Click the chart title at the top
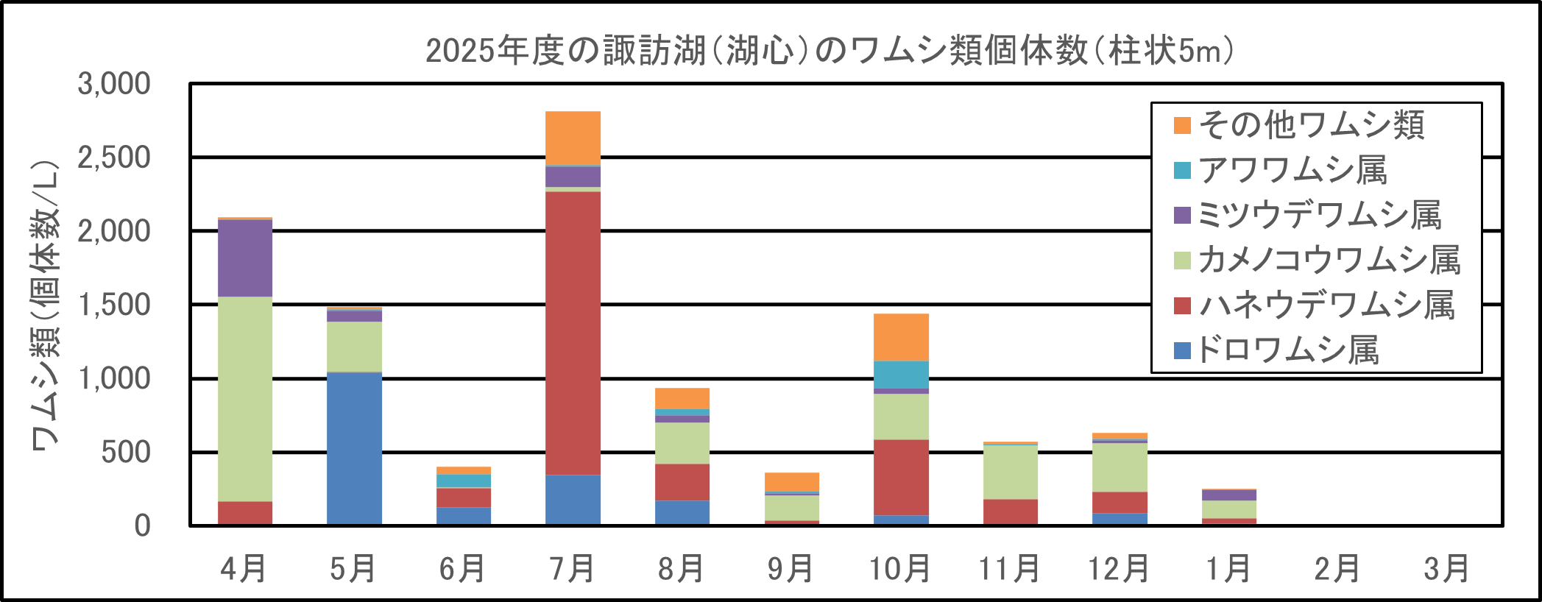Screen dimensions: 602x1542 830,51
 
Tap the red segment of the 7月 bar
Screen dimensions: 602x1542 573,333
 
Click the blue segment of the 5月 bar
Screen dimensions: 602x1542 354,448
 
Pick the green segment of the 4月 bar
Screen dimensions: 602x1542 245,399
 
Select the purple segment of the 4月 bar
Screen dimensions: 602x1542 245,258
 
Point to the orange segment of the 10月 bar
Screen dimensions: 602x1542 901,337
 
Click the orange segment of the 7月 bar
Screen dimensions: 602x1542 573,138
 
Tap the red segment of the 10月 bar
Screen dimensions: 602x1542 901,477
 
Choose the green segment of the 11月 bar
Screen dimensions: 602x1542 1010,472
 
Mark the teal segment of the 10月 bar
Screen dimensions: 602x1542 901,375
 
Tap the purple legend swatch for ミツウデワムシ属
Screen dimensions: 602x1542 1182,216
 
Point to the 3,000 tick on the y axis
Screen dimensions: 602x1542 114,84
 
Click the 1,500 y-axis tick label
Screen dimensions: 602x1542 114,305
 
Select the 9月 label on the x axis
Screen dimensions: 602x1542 791,569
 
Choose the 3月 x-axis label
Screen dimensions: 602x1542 1446,569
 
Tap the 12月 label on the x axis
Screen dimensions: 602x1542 1119,569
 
